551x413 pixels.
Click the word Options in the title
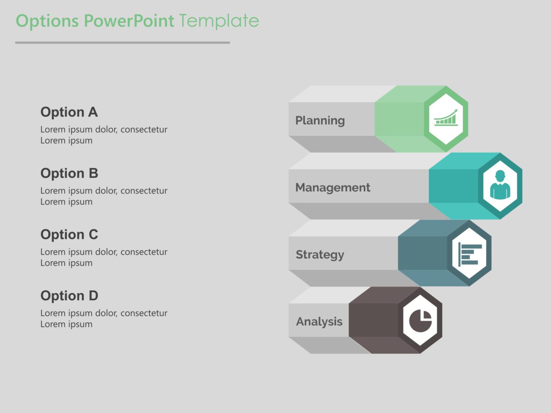pos(48,21)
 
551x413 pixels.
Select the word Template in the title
pos(219,21)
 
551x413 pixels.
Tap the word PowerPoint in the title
pos(129,21)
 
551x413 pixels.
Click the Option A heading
pos(69,112)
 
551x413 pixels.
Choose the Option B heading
pos(69,173)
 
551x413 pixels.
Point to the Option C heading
pos(69,234)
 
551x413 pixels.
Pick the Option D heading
pos(69,296)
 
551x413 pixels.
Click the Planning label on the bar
pos(320,120)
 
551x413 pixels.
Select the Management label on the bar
pos(332,188)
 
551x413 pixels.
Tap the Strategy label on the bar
pos(320,255)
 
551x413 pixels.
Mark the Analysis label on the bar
pos(319,322)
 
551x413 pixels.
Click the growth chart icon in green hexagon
pos(446,118)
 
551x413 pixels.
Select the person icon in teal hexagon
pos(500,185)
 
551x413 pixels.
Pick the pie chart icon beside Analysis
pos(420,320)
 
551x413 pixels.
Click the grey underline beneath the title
pos(122,42)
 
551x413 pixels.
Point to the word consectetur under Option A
pos(144,130)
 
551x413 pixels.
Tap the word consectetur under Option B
pos(144,191)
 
